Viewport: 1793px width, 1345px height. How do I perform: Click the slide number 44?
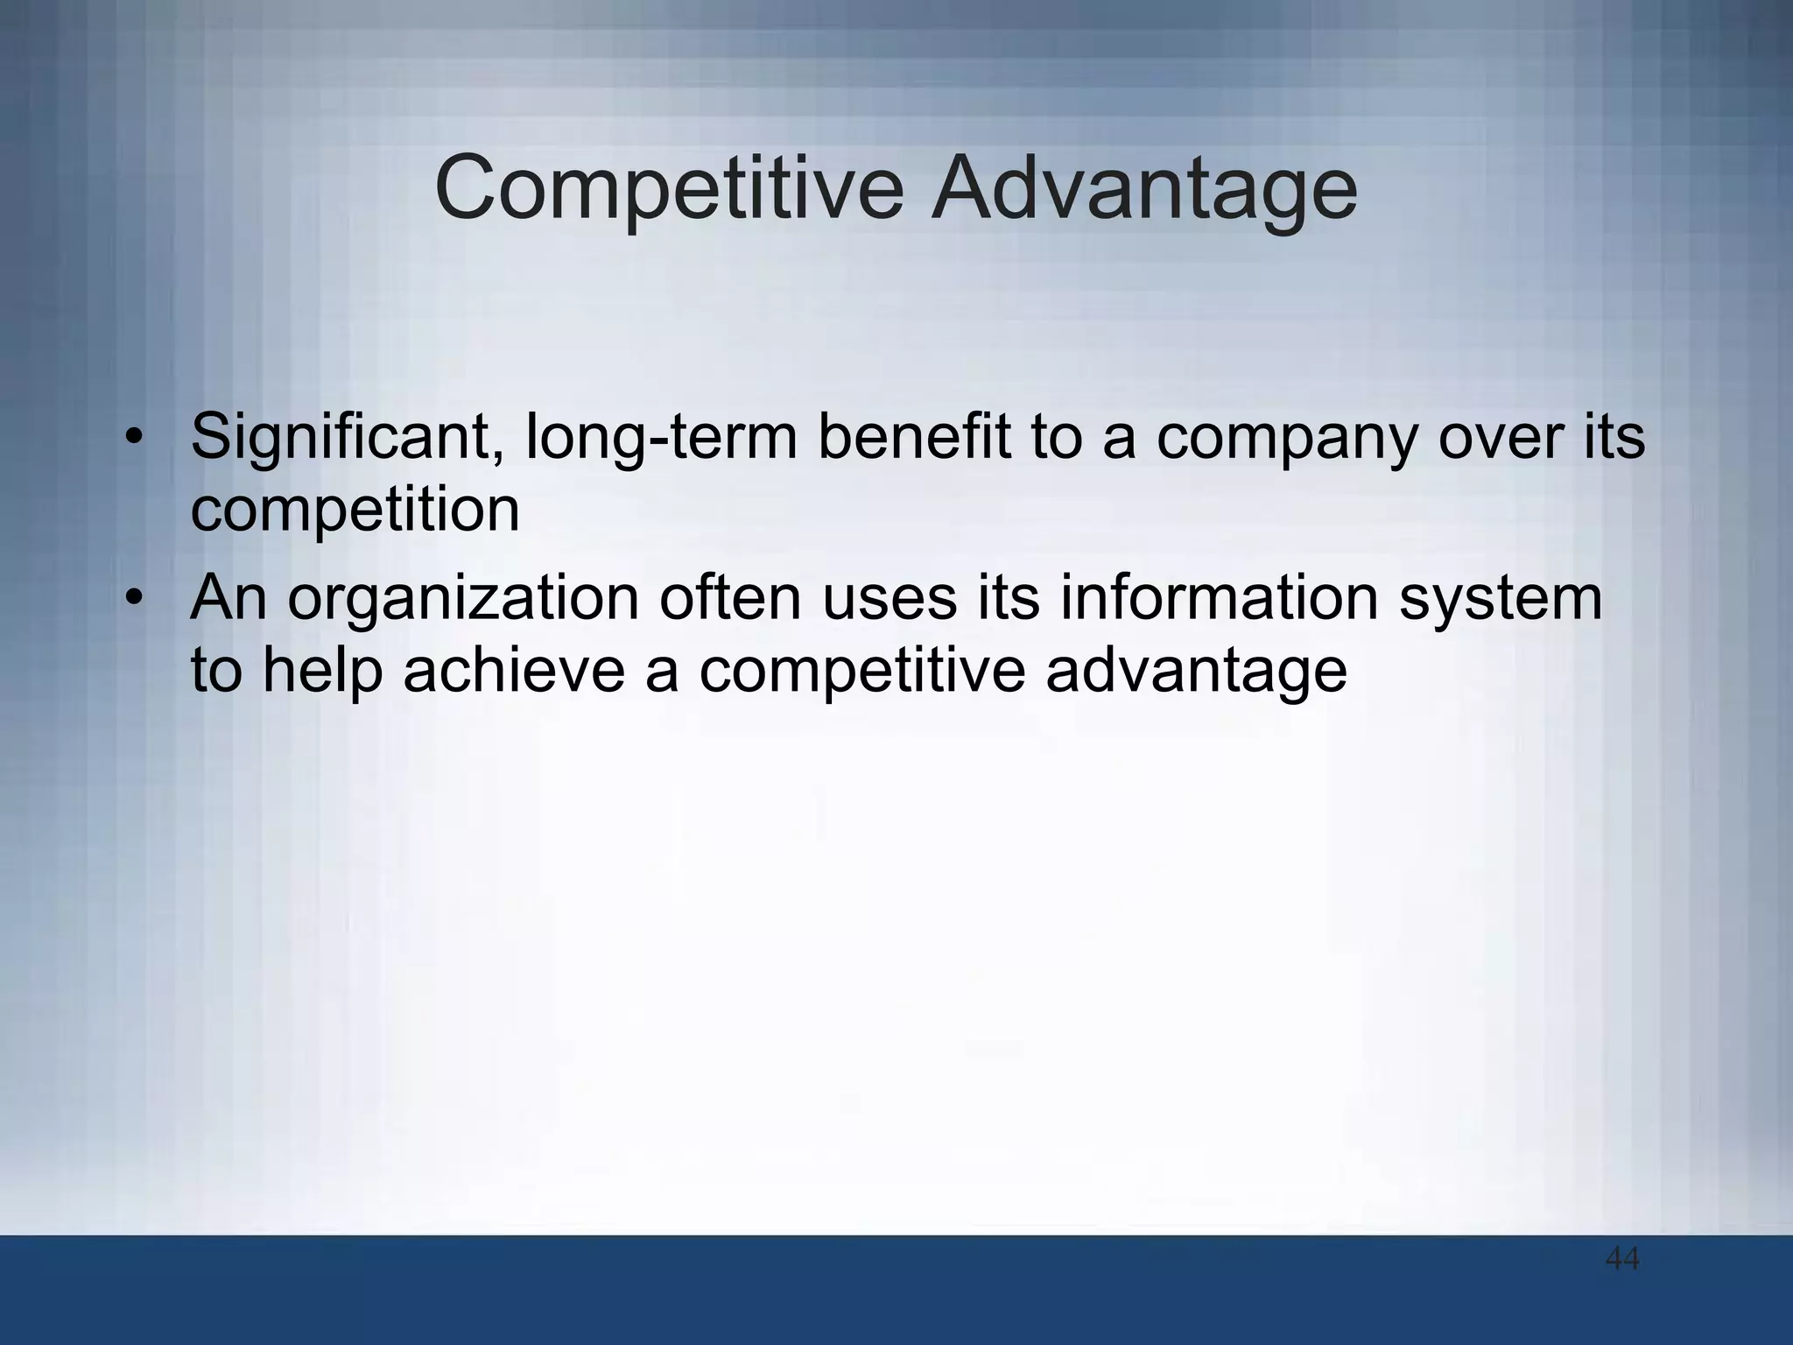click(1622, 1260)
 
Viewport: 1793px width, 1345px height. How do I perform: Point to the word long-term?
click(661, 437)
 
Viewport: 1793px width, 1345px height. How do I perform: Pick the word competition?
click(355, 511)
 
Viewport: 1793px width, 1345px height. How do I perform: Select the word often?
click(730, 598)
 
